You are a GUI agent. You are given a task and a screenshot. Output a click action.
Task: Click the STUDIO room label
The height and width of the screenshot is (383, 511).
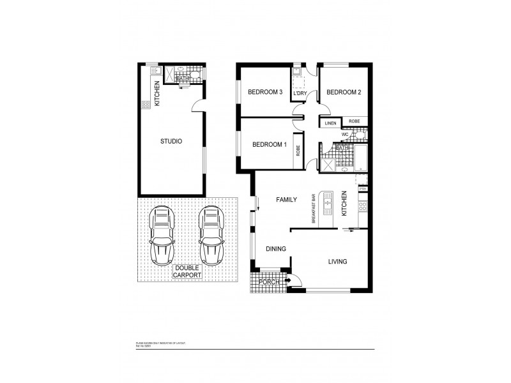point(171,141)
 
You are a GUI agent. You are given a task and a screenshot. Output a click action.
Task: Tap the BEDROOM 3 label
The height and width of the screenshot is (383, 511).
point(265,92)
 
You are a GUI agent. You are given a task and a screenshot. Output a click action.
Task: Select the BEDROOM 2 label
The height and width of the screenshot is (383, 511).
point(344,92)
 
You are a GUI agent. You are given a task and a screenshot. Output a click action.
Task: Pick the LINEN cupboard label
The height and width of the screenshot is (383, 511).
point(330,123)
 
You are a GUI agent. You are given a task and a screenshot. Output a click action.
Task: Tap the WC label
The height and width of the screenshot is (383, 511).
point(344,135)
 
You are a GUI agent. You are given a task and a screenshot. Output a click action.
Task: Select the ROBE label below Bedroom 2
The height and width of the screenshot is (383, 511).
point(355,121)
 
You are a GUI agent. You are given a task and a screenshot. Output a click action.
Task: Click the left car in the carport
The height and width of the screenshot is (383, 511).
point(162,236)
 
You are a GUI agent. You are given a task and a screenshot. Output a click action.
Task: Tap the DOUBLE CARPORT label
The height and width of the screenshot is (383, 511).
point(187,271)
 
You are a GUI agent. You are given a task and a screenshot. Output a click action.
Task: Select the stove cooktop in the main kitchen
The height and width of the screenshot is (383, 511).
point(363,206)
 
